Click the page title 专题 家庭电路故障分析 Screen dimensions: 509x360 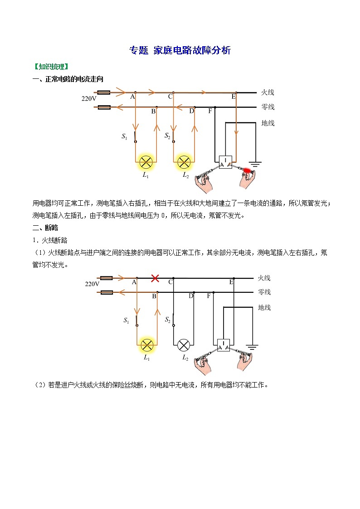coord(180,50)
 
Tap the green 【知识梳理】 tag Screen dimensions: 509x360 coord(50,67)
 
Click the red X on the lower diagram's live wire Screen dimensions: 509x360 coord(155,278)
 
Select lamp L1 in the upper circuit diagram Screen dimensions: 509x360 coord(146,161)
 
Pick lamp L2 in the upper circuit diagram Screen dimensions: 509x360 coord(184,161)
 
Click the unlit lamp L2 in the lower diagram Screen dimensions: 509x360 coord(184,345)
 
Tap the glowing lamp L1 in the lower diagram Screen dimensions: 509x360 coord(147,345)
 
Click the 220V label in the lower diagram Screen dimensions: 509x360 coord(92,284)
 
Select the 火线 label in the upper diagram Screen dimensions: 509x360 coord(268,92)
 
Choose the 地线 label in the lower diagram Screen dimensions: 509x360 coord(264,307)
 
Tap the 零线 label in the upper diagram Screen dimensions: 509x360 coord(268,107)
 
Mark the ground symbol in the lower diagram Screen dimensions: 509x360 coord(253,348)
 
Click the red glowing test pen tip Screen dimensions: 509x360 coord(248,171)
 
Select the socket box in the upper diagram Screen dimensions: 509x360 coord(226,162)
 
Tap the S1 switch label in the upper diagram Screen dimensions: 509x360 coord(124,136)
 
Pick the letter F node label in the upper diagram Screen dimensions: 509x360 coord(209,111)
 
